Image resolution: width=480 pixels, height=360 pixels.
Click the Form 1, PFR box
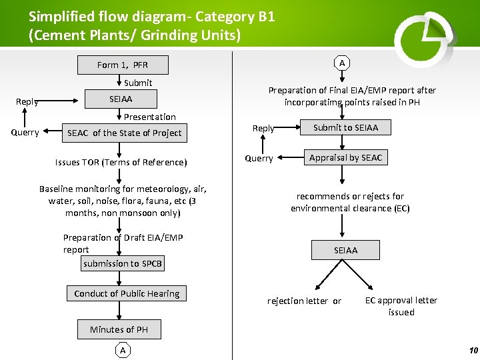pos(123,65)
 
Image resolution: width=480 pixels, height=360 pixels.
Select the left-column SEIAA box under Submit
pos(121,99)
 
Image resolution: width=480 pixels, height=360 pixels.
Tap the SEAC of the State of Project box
pos(125,133)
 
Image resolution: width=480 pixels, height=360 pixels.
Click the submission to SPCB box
pos(123,263)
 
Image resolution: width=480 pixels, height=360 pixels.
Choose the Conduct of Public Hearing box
pos(127,293)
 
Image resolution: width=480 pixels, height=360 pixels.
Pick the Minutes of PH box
pos(119,329)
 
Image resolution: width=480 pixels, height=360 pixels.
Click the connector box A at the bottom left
pos(122,350)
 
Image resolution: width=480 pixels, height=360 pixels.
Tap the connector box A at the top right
pos(342,63)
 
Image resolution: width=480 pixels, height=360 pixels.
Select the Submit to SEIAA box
pos(345,127)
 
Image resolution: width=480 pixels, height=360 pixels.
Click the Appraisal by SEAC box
pos(345,157)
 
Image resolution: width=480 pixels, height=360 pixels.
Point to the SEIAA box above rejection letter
pos(345,250)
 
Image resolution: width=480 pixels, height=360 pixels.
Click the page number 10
pos(473,351)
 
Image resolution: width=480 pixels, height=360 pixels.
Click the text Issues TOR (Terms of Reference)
pos(121,162)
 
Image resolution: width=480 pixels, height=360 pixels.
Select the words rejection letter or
pos(304,301)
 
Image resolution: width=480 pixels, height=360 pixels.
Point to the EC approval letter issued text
pos(401,306)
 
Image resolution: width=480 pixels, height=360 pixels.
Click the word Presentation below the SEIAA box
pos(150,117)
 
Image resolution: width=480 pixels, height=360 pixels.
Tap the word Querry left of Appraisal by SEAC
pos(259,158)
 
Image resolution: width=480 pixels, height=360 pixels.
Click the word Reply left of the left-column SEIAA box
pos(27,101)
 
